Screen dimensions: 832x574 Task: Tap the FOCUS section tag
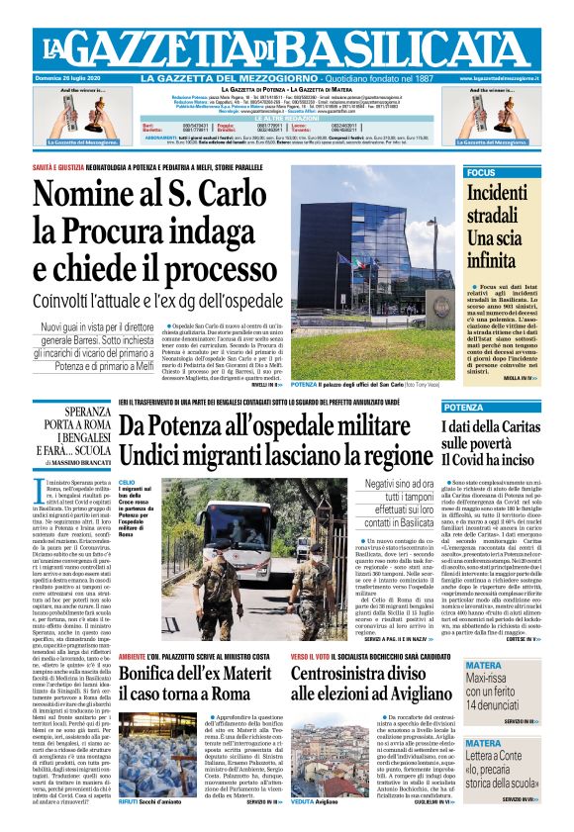(482, 172)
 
